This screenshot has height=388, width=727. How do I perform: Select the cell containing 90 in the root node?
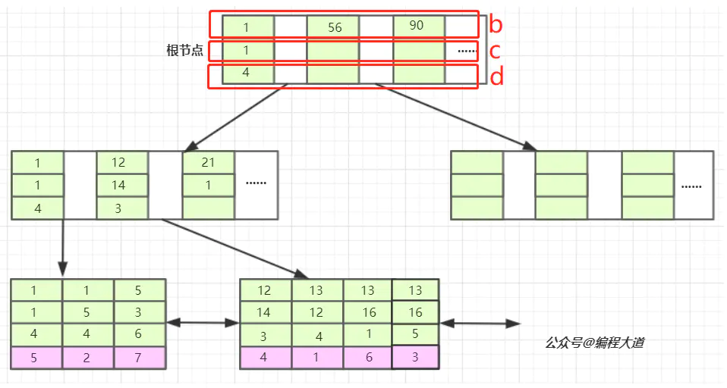coord(417,26)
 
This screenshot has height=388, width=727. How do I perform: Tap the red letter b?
coord(496,25)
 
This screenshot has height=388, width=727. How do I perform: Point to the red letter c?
coord(494,52)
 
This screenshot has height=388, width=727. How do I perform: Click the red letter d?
coord(497,77)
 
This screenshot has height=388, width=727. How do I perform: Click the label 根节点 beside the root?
coord(184,51)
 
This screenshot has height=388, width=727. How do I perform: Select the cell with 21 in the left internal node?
coord(208,163)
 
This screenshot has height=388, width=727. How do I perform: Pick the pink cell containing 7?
coord(139,358)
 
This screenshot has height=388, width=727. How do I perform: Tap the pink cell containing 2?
coord(87,358)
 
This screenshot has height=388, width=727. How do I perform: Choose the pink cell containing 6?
coord(368,358)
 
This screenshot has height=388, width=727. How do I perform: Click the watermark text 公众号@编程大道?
coord(595,343)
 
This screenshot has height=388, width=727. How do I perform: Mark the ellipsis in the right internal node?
coord(691,186)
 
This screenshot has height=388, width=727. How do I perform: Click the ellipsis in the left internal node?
coord(256,183)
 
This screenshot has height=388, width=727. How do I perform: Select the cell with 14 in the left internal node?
coord(121,185)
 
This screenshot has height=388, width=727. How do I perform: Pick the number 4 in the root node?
coord(247,74)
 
